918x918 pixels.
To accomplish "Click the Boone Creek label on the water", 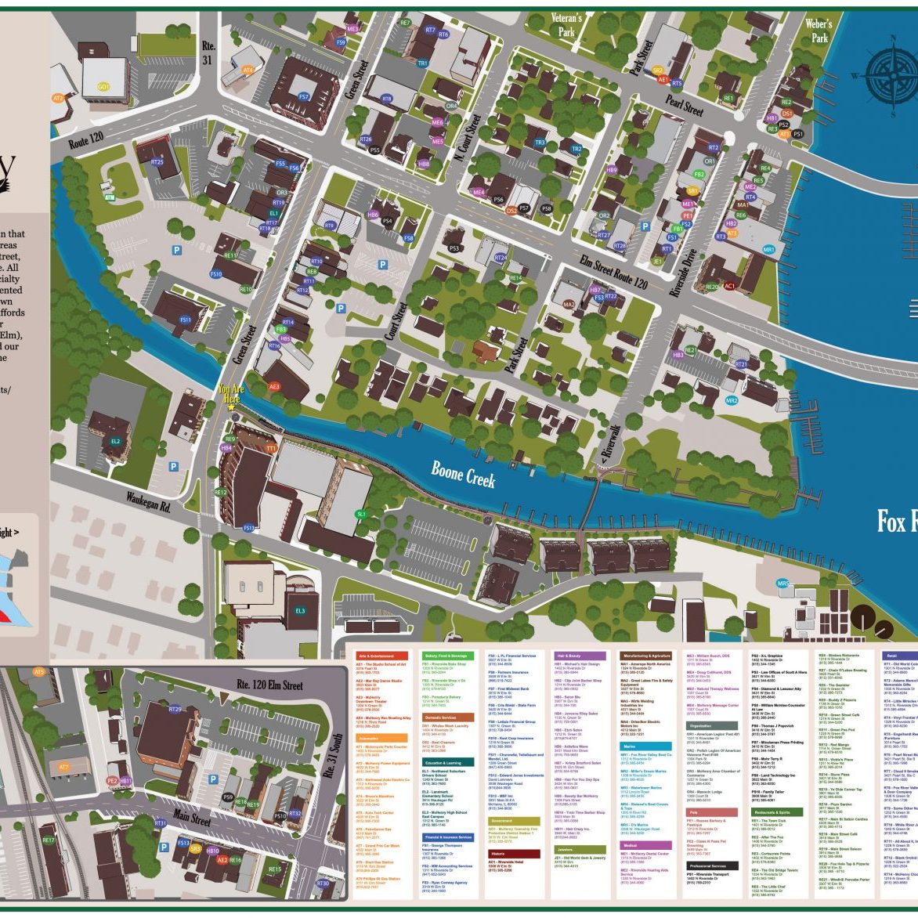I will [x=464, y=472].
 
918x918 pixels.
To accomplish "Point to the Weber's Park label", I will [x=819, y=31].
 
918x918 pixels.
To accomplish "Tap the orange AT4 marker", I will [x=248, y=70].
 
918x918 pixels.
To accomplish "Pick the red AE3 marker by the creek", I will [x=274, y=386].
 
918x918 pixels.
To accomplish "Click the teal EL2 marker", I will [x=116, y=442].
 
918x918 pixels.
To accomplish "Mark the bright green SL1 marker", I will [x=361, y=514].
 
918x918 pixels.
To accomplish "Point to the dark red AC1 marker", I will [x=729, y=286].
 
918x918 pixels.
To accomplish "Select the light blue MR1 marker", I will [x=768, y=250].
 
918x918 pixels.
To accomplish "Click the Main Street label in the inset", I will [x=192, y=819].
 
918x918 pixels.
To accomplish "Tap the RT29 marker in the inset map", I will [x=175, y=709].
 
